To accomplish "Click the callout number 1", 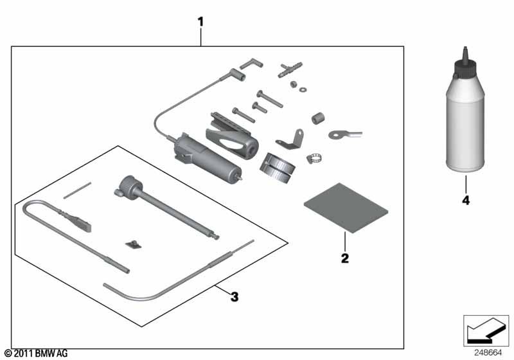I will coord(200,22).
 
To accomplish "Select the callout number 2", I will coord(344,258).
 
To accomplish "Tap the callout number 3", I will coord(235,296).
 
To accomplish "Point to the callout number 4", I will coord(465,201).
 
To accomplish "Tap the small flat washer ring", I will coord(303,89).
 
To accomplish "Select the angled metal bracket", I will coord(288,139).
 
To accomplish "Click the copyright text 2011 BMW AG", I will coord(35,354).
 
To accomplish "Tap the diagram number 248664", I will coord(489,352).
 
